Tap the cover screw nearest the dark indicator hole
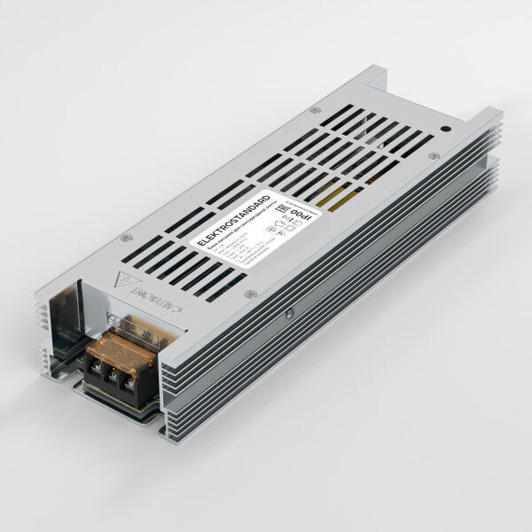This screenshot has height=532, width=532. click(433, 156)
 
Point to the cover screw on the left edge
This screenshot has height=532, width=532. click(126, 237)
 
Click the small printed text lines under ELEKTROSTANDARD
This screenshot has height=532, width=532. click(244, 239)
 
